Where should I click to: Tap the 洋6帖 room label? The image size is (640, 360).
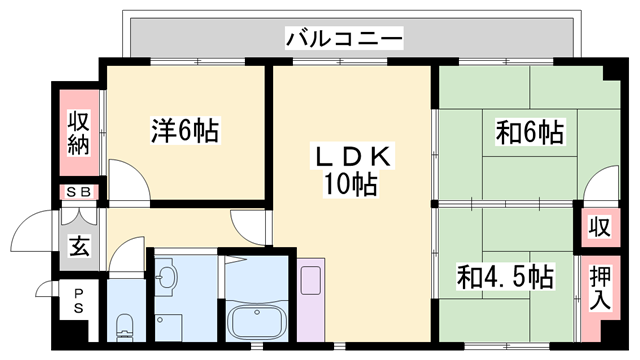(x=185, y=130)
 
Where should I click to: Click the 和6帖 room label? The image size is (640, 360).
(x=529, y=131)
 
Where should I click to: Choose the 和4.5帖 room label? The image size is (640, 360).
(x=505, y=275)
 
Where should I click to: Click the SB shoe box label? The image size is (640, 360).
(x=78, y=192)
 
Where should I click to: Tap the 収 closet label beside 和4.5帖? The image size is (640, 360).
(x=598, y=227)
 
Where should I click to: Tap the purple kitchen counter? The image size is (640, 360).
(x=311, y=300)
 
